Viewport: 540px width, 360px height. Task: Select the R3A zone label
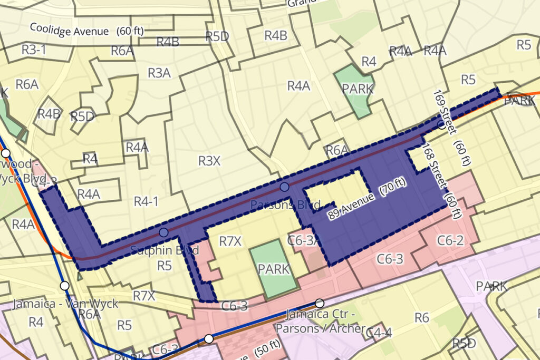[x=159, y=73]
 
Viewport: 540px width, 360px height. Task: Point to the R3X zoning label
[x=209, y=160]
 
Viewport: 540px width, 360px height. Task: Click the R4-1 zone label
[x=146, y=201]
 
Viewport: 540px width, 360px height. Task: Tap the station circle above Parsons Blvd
[x=285, y=187]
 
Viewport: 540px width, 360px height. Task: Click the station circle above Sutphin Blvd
[x=163, y=232]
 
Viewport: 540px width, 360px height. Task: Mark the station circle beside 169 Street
[x=441, y=125]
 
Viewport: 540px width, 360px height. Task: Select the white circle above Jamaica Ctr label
[x=319, y=303]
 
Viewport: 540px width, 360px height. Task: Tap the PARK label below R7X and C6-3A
[x=274, y=269]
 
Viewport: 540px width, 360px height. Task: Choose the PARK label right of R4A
[x=358, y=89]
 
